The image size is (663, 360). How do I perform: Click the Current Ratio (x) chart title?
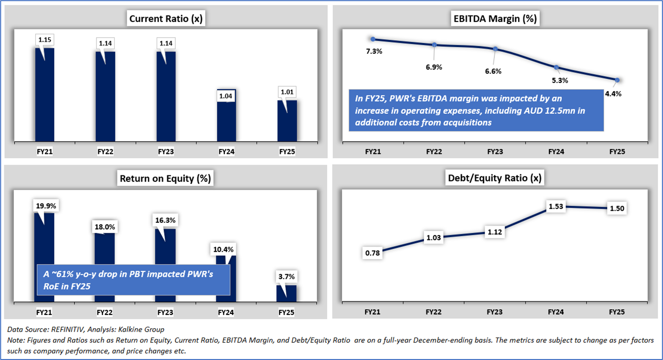pyautogui.click(x=166, y=19)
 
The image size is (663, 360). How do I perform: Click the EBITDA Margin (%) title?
pyautogui.click(x=495, y=19)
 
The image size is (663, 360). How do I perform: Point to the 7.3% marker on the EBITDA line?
pyautogui.click(x=373, y=39)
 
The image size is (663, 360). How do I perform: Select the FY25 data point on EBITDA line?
pyautogui.click(x=617, y=80)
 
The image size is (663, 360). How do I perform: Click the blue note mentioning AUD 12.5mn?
pyautogui.click(x=476, y=111)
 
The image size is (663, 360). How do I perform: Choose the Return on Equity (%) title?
pyautogui.click(x=166, y=178)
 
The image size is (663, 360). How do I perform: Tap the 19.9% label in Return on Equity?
pyautogui.click(x=47, y=206)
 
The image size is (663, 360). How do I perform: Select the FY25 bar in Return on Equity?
pyautogui.click(x=286, y=293)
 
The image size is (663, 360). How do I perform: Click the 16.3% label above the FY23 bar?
pyautogui.click(x=166, y=220)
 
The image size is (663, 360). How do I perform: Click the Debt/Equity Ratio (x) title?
pyautogui.click(x=495, y=178)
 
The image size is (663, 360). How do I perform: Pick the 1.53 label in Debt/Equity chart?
pyautogui.click(x=556, y=207)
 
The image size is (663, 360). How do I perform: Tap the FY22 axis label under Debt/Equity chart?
pyautogui.click(x=434, y=311)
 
